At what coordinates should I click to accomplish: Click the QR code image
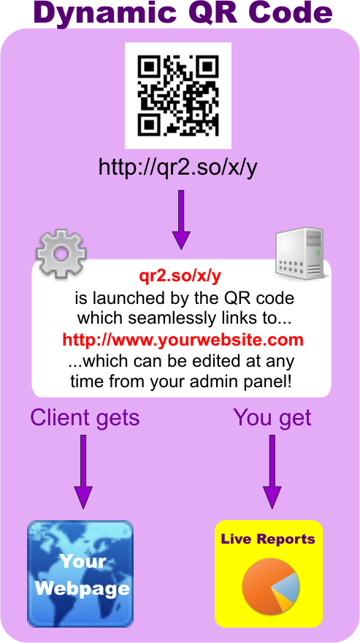click(x=178, y=95)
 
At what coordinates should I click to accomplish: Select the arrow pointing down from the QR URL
click(x=181, y=220)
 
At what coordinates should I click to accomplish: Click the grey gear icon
click(x=61, y=254)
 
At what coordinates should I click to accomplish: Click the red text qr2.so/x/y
click(x=180, y=278)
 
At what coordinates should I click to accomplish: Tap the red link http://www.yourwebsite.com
click(x=183, y=340)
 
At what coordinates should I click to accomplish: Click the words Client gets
click(x=85, y=418)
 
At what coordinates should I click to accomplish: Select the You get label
click(x=272, y=418)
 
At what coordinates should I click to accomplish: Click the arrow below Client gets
click(x=83, y=471)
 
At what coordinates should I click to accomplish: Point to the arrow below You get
click(x=272, y=471)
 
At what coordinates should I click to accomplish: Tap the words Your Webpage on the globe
click(x=83, y=575)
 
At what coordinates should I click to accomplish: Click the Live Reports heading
click(x=268, y=539)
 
